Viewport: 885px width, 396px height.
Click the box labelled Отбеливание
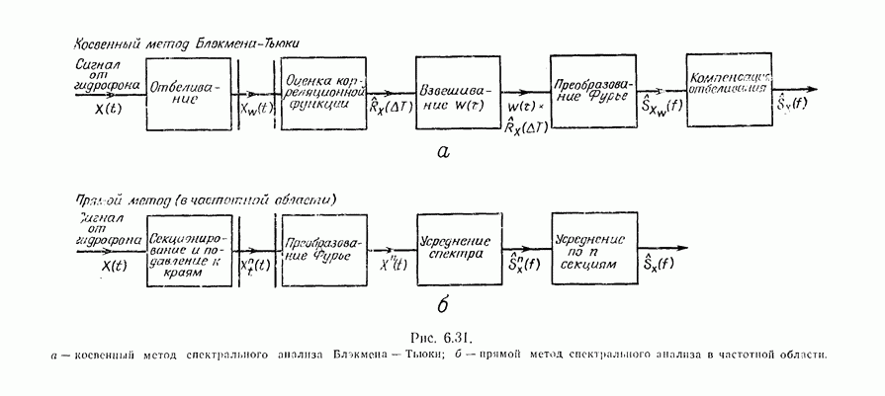(x=190, y=92)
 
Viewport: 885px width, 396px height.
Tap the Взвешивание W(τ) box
(x=451, y=92)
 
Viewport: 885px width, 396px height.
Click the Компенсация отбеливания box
(x=729, y=90)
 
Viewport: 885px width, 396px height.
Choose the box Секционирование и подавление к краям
(x=190, y=249)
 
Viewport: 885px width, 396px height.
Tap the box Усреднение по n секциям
(x=589, y=248)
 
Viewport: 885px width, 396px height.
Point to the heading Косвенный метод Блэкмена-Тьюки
(x=187, y=44)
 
